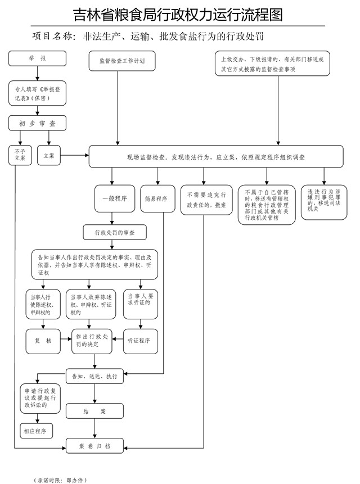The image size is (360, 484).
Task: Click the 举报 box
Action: [x=37, y=58]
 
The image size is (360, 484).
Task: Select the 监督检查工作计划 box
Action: [x=118, y=61]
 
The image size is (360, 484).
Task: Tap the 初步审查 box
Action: [x=37, y=123]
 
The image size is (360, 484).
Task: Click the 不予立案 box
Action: [x=20, y=155]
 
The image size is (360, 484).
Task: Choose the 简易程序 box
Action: [x=156, y=198]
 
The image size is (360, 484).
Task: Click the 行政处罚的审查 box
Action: [x=115, y=232]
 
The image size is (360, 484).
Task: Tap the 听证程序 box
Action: [x=140, y=341]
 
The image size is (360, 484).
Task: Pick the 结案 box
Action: [x=94, y=411]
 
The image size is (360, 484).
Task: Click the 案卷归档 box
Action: [x=94, y=446]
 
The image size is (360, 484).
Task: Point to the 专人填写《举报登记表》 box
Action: [x=37, y=93]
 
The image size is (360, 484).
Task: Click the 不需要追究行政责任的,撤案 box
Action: [x=202, y=200]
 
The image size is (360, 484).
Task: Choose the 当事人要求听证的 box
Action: [x=140, y=306]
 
